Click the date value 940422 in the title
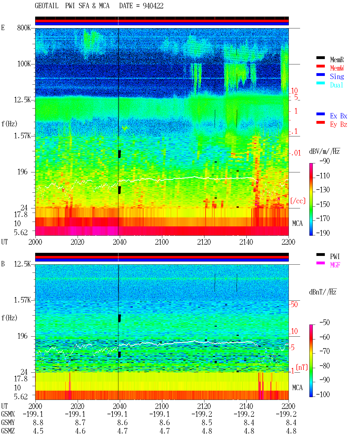(153, 6)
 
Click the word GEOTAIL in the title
(47, 6)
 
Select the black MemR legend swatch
(320, 58)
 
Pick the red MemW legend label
(337, 68)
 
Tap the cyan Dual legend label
(336, 85)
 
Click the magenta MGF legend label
(335, 265)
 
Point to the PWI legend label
(335, 256)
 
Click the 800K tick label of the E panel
(24, 28)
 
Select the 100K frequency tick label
(24, 64)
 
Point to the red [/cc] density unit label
(298, 201)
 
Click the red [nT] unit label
(302, 367)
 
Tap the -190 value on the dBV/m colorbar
(323, 233)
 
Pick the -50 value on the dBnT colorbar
(325, 323)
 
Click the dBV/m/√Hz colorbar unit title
(325, 151)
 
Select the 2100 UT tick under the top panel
(162, 242)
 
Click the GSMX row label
(8, 414)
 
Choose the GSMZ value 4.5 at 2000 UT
(38, 431)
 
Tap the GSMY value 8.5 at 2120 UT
(207, 422)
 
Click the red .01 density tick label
(296, 153)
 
